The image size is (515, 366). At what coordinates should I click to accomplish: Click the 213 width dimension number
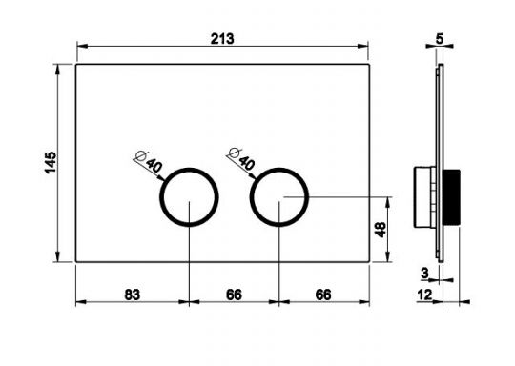coord(222,39)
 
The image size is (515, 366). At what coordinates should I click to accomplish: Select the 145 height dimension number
coord(51,162)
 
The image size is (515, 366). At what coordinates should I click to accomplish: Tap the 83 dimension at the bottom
coord(132,295)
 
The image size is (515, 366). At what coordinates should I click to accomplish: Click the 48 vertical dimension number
coord(381,230)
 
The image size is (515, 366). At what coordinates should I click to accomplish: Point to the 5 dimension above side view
coord(440,39)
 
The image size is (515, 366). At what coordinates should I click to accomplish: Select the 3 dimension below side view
coord(425,274)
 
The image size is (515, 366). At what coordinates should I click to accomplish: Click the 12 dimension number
coord(425,295)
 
